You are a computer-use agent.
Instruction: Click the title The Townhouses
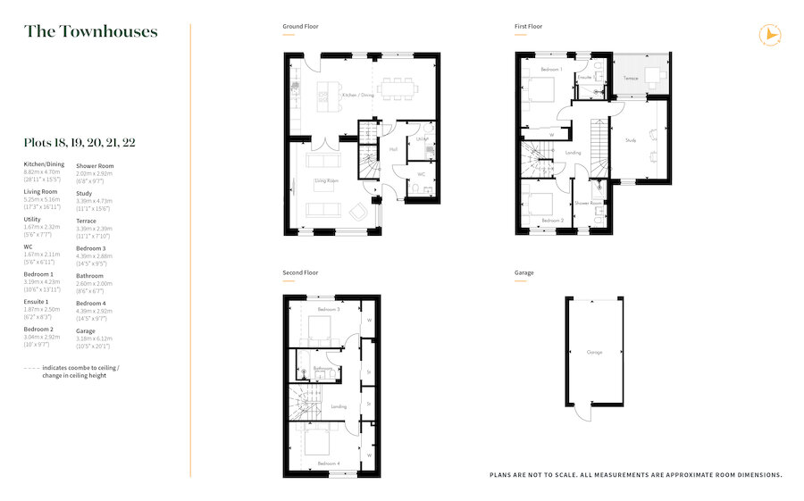click(x=90, y=32)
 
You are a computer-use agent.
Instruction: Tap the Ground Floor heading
click(x=300, y=27)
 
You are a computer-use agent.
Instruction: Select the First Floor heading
click(x=528, y=27)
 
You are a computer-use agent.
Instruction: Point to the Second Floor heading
click(x=301, y=272)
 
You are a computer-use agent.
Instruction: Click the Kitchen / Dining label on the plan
click(x=358, y=95)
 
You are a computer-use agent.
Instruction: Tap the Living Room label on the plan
click(x=326, y=181)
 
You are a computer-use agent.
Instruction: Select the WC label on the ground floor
click(x=421, y=174)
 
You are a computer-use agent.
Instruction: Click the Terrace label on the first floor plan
click(x=631, y=79)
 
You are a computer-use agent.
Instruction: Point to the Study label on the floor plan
click(x=630, y=139)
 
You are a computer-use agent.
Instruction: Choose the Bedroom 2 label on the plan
click(x=552, y=219)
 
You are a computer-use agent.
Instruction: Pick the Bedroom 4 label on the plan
click(x=330, y=463)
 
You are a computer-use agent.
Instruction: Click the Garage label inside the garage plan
click(x=594, y=352)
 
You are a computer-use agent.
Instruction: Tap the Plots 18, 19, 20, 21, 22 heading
click(x=80, y=142)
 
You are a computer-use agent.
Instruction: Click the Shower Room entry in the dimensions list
click(x=95, y=165)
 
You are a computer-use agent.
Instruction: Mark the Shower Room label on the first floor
click(x=589, y=203)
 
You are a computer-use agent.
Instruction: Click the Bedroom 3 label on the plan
click(x=330, y=309)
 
